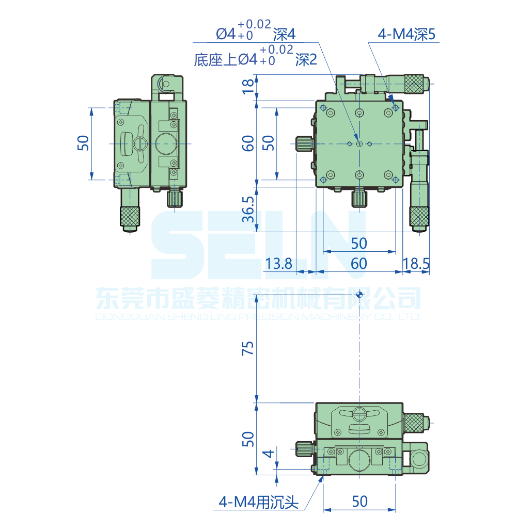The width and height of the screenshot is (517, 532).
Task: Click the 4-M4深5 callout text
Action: tap(406, 34)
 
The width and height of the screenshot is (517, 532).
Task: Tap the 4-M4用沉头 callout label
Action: tap(258, 502)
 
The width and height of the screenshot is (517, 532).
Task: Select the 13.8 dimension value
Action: tap(278, 264)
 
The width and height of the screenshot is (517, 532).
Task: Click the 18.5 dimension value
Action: tap(416, 264)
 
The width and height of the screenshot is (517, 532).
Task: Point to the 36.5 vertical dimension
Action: tap(248, 209)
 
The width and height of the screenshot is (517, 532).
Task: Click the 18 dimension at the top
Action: tap(248, 86)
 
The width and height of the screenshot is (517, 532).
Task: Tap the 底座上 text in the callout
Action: tap(215, 60)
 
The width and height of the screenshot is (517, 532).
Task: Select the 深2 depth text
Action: tap(306, 60)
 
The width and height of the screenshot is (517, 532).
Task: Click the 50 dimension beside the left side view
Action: tap(83, 143)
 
